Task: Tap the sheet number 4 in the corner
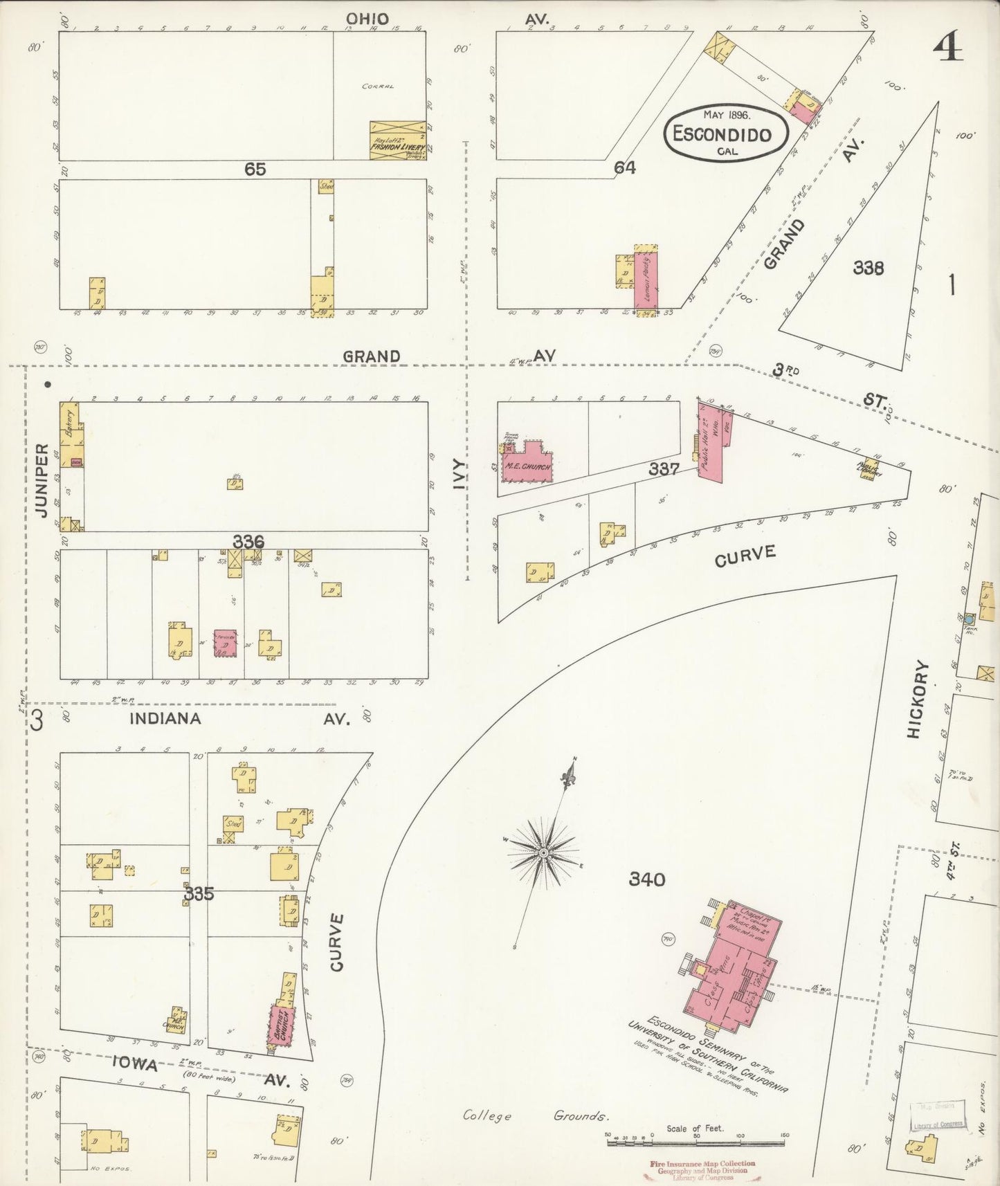(947, 48)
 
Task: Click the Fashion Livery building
(397, 141)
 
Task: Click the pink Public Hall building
(712, 449)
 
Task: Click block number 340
(646, 879)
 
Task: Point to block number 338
(868, 268)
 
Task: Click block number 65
(255, 169)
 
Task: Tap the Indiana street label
(165, 718)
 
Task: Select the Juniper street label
(42, 480)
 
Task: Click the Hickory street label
(915, 699)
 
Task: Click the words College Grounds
(536, 1115)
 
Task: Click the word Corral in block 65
(378, 86)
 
